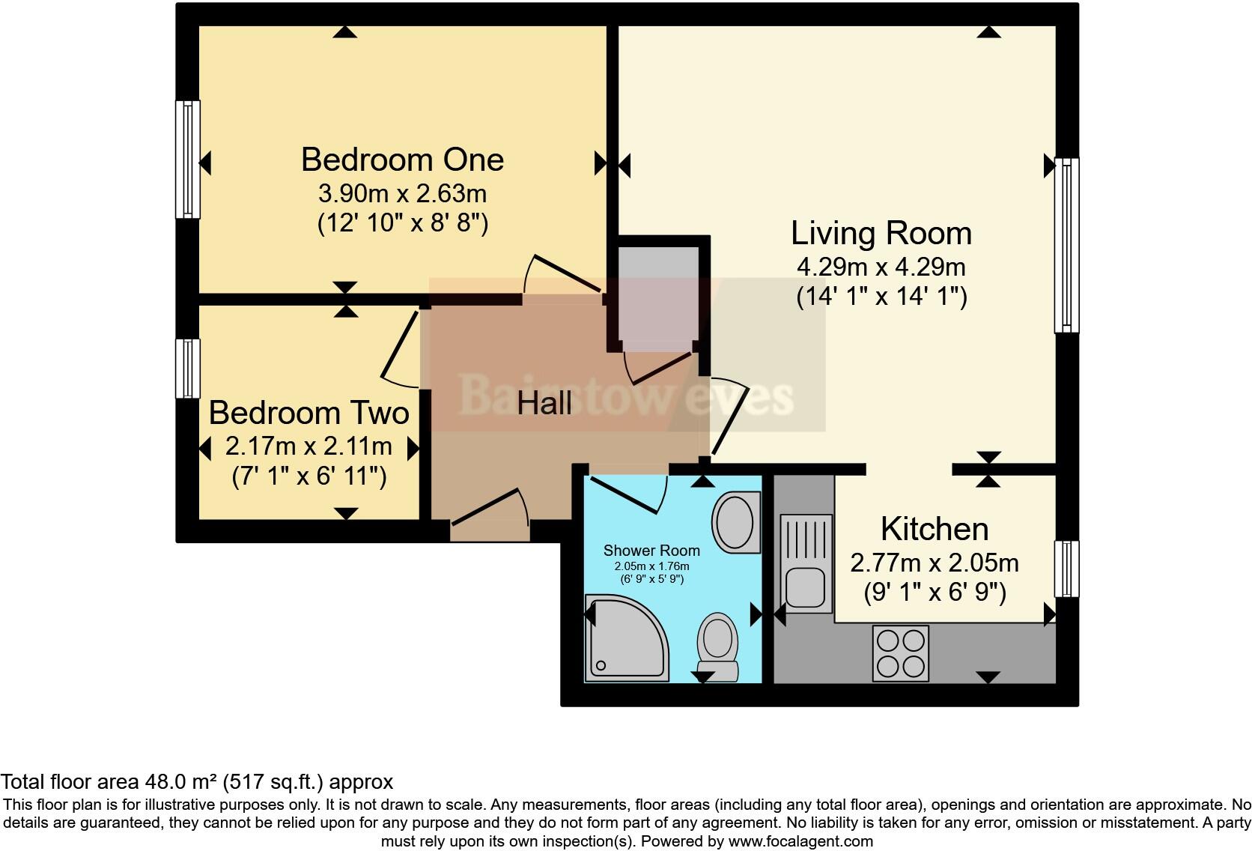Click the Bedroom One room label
[402, 160]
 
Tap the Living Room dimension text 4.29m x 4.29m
[881, 267]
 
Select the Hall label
[544, 404]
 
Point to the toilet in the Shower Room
[718, 646]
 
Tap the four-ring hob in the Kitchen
[900, 653]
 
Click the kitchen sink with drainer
[806, 562]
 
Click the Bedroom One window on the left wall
[188, 159]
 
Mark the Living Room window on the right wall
[1066, 245]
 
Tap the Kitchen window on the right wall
[1066, 569]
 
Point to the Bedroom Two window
[188, 368]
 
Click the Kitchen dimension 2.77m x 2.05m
[934, 563]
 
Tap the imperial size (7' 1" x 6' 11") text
[309, 476]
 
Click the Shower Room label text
[651, 551]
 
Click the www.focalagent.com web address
[800, 841]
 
